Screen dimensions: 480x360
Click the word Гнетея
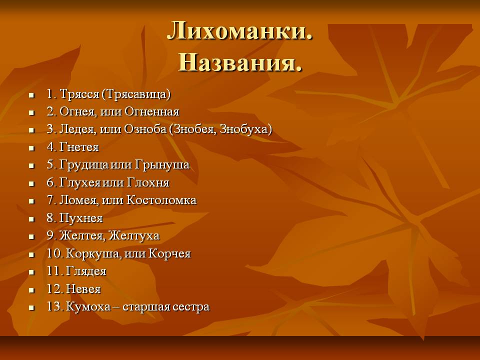79,147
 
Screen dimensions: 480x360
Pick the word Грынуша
162,164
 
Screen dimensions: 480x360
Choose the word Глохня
148,182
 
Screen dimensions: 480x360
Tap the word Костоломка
161,200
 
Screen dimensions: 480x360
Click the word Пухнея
81,218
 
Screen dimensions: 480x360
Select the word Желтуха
134,235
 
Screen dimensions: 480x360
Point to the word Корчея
169,253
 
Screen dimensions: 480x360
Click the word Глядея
86,271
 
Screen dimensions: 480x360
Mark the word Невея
83,288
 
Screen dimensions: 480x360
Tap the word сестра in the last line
190,306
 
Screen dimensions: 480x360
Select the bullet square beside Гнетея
31,148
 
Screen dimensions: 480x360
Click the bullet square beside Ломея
31,201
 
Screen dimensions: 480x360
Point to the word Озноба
145,129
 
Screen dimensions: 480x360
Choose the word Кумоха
88,306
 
